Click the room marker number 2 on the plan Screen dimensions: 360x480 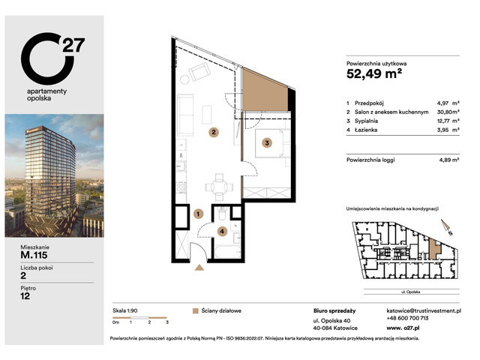coord(214,132)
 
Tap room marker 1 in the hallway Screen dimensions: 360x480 coord(198,214)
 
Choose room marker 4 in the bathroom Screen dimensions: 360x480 coord(221,231)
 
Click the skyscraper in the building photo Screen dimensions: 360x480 coord(49,173)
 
